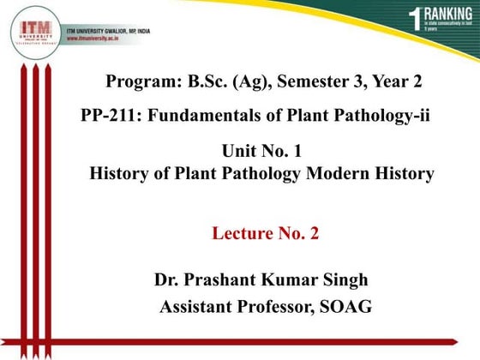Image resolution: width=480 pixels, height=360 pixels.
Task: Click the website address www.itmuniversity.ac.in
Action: pyautogui.click(x=106, y=39)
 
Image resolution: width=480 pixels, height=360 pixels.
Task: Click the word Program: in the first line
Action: pyautogui.click(x=139, y=82)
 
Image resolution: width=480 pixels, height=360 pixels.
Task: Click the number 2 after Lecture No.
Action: pyautogui.click(x=314, y=233)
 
